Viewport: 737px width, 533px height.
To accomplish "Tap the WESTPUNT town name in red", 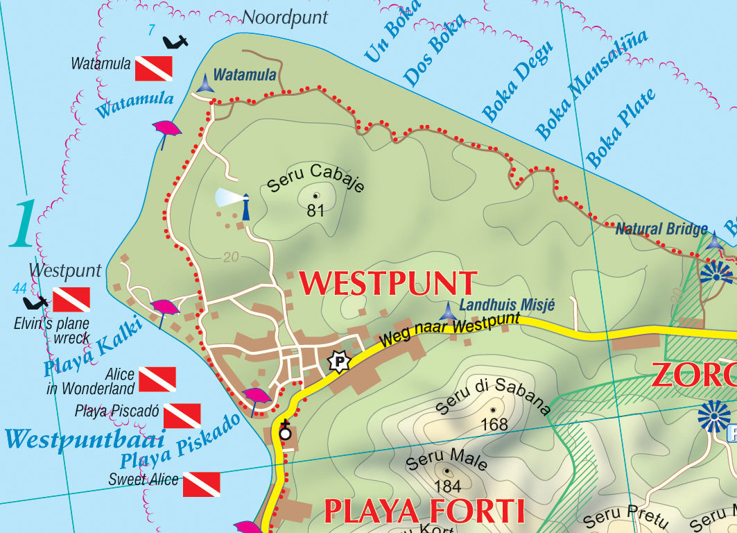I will (388, 284).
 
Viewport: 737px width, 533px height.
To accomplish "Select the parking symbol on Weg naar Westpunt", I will (338, 361).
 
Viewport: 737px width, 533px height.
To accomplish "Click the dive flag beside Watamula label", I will (153, 69).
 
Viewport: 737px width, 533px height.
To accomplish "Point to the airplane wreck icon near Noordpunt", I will (175, 42).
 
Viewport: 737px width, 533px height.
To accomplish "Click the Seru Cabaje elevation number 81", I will (315, 210).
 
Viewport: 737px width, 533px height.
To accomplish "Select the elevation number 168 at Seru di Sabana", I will (494, 423).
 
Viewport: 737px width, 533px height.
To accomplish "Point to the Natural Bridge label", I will (662, 228).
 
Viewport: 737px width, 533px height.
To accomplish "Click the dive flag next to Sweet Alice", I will (202, 484).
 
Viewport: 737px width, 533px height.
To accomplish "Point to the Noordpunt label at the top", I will (284, 18).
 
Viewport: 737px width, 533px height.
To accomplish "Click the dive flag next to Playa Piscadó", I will (182, 416).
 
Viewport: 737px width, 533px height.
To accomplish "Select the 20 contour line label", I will (231, 257).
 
